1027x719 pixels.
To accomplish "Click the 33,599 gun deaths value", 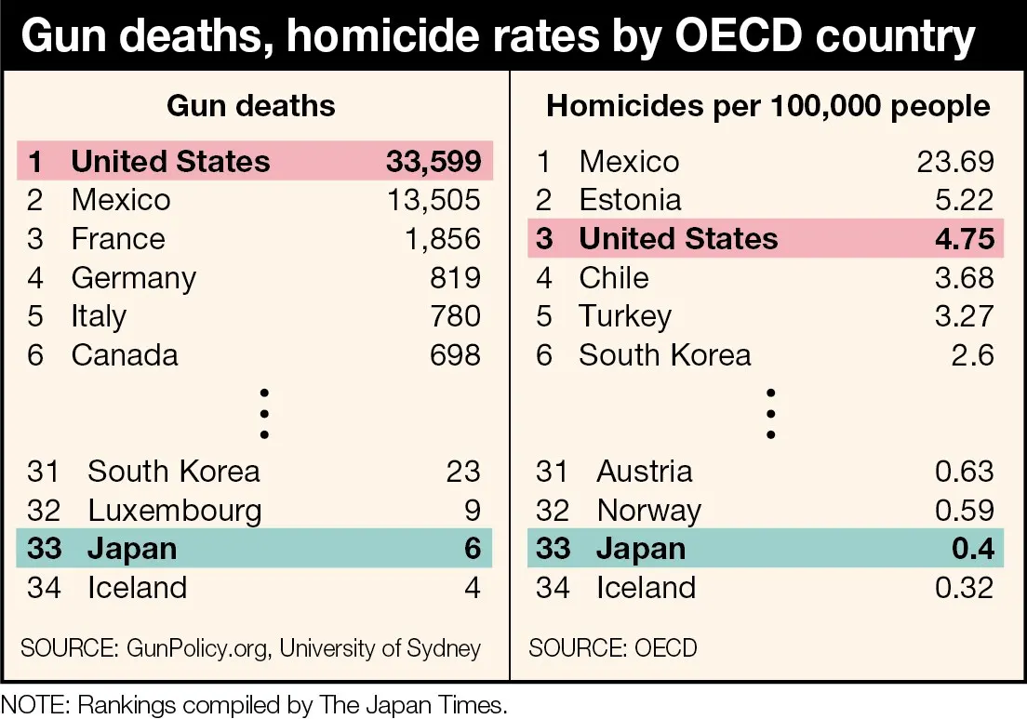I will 433,162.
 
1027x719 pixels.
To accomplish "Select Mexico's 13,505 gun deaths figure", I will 433,200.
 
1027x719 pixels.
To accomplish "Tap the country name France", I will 118,239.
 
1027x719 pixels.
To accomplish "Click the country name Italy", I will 99,316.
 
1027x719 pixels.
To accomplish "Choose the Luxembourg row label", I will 175,510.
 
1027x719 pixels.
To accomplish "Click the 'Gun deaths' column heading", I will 251,105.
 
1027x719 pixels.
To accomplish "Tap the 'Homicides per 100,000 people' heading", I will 768,105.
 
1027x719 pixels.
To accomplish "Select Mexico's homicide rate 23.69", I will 955,162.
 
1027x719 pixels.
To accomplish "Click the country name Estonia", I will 630,200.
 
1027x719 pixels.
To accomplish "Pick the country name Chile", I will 614,278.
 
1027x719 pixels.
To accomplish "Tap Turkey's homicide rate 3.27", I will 965,316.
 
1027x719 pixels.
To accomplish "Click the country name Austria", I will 645,472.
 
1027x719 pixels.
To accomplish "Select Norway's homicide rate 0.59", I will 965,510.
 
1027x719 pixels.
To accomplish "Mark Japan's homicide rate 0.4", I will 972,549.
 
